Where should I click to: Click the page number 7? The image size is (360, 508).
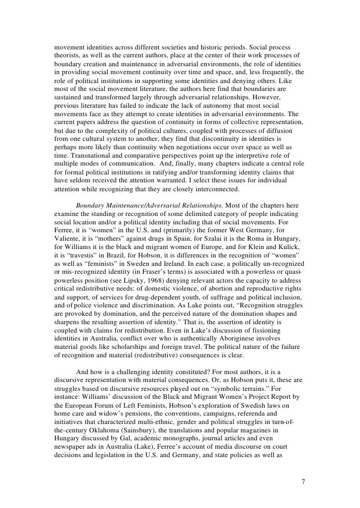pyautogui.click(x=303, y=480)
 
